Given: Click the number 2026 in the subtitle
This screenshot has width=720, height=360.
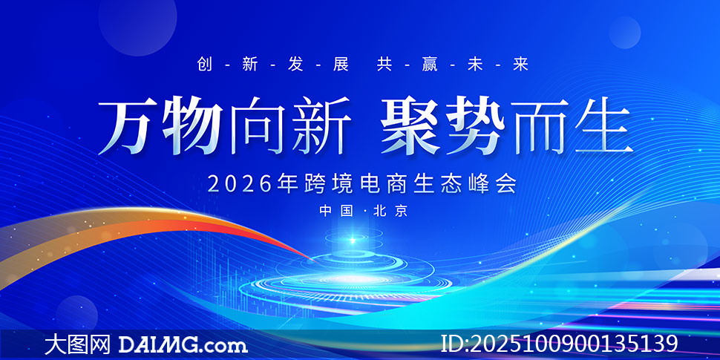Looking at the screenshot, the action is coord(240,184).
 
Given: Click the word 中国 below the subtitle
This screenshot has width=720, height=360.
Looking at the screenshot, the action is coord(336,212).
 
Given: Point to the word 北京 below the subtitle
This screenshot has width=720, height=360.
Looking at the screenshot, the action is coord(391,212).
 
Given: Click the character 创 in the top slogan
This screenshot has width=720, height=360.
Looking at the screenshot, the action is coord(205,65).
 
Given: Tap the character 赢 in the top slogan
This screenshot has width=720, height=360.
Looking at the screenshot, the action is coord(430,65).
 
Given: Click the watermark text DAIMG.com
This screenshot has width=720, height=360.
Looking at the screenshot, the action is coord(183,344).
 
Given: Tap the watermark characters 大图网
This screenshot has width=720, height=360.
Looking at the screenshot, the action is coord(78,344).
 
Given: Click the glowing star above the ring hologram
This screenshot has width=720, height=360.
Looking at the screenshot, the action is coord(352,240).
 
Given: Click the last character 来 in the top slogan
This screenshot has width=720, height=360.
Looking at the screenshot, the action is coord(521,65).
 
